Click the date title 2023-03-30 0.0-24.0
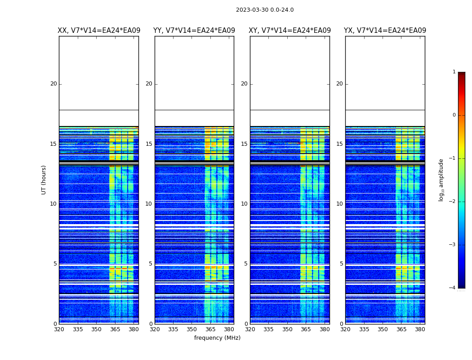(265, 10)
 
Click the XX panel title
(99, 31)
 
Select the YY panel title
(194, 31)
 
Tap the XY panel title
(290, 31)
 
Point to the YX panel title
(385, 31)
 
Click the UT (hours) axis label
(44, 180)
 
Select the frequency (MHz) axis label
(217, 338)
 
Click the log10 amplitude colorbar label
(441, 180)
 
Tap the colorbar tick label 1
(454, 72)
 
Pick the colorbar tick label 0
(454, 115)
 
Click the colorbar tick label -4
(453, 288)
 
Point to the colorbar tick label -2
(453, 202)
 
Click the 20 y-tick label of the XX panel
(53, 84)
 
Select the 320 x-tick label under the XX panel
(59, 329)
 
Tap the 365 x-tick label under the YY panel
(210, 329)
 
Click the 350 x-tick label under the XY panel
(287, 329)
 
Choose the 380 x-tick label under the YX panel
(420, 329)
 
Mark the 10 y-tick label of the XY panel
(244, 204)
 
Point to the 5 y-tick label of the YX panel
(341, 264)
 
